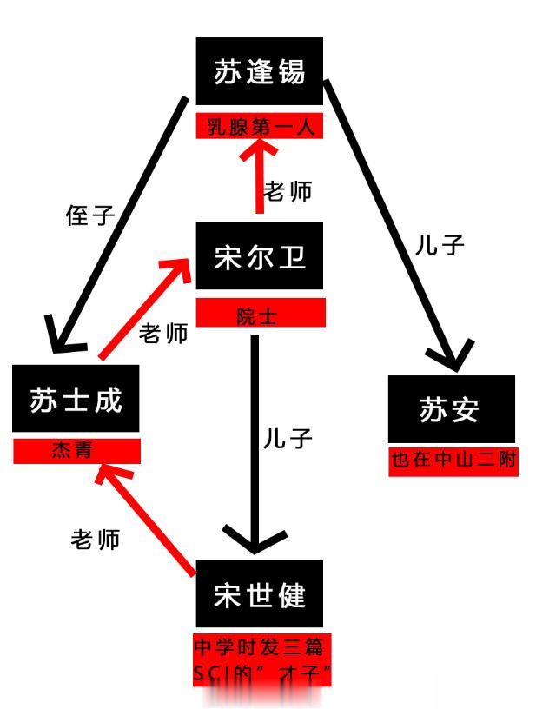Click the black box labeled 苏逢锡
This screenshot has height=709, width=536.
260,71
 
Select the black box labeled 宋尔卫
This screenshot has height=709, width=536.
260,256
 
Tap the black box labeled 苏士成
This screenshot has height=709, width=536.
76,398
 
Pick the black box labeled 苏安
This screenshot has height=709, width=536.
452,408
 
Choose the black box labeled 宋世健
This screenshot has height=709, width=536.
260,593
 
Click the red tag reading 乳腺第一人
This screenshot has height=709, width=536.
260,126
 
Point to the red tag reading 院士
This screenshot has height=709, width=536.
261,313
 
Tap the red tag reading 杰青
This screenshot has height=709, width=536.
76,451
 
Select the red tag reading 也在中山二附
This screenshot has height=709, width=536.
453,461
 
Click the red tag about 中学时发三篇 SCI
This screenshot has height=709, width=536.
262,659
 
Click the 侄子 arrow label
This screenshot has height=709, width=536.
89,215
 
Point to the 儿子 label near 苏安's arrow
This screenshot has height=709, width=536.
440,245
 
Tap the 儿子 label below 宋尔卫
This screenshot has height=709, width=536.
288,439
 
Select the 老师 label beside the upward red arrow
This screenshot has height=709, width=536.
288,191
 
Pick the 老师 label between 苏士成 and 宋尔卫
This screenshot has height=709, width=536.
163,334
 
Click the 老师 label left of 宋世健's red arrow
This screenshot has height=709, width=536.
95,540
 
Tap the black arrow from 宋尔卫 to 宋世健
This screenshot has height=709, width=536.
255,443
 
